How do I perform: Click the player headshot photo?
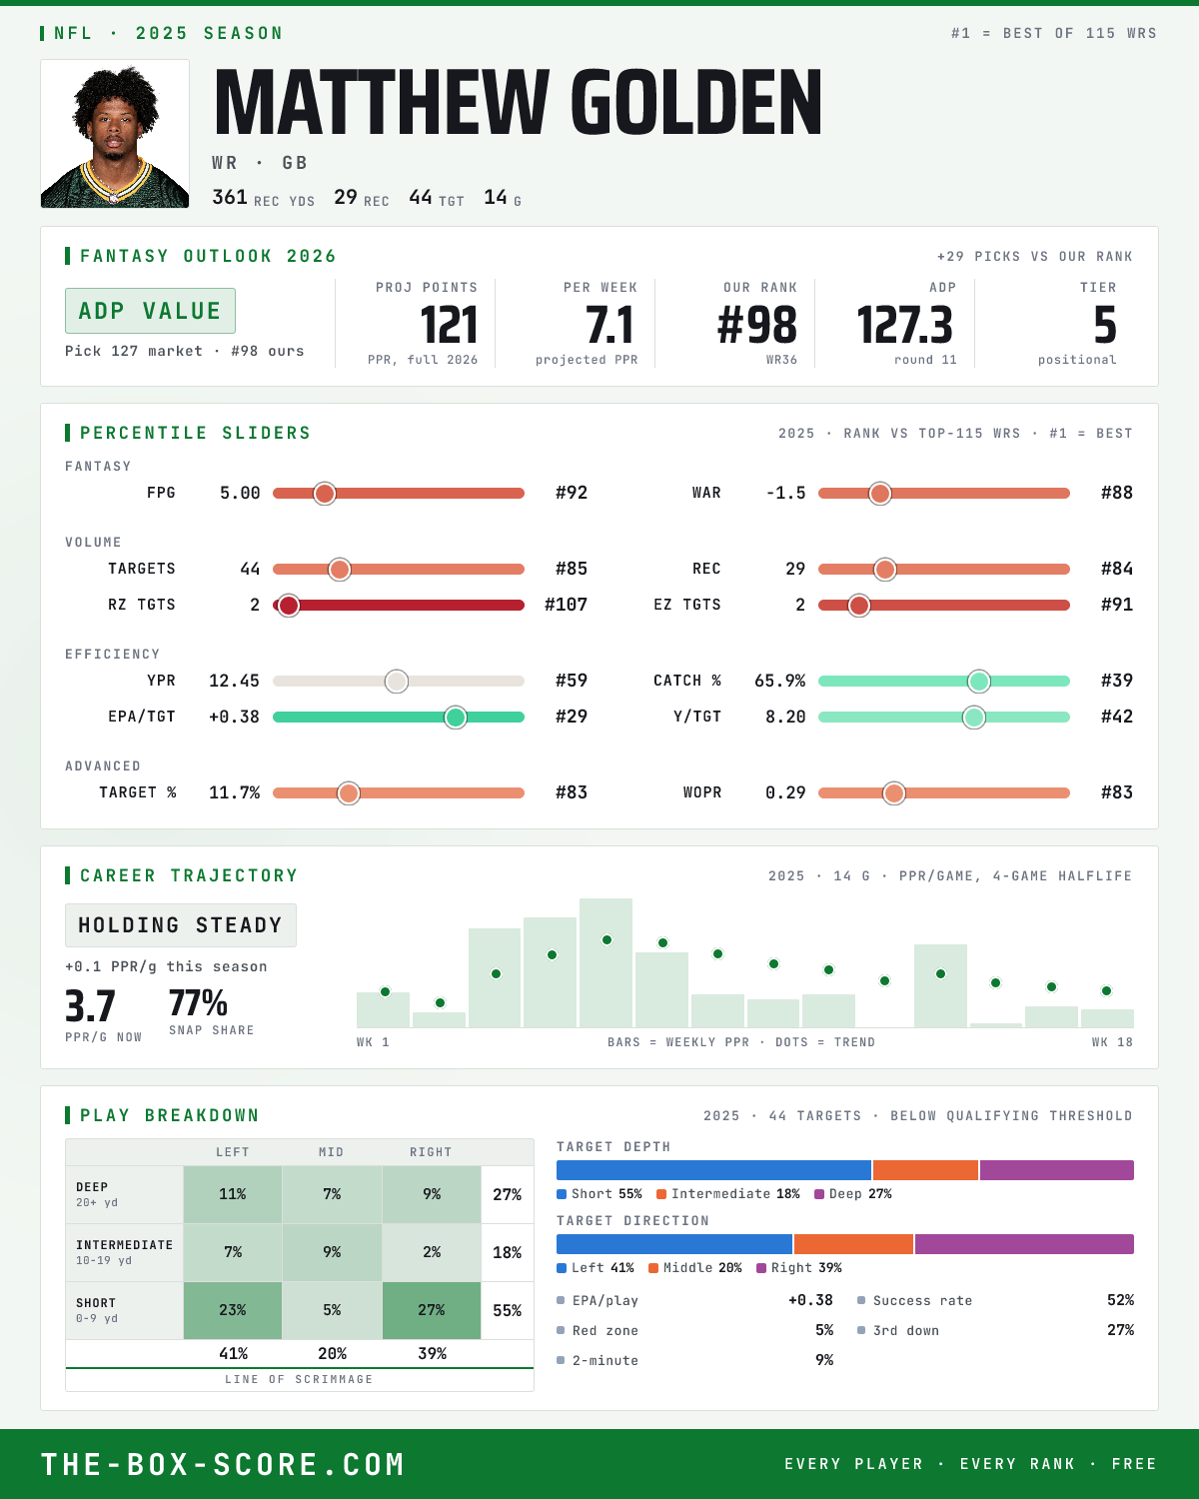click(x=115, y=134)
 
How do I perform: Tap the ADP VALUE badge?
click(x=150, y=311)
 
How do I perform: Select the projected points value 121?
click(x=449, y=326)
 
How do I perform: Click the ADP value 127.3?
click(x=903, y=326)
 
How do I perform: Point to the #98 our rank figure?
click(x=757, y=326)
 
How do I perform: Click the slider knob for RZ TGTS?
click(x=288, y=606)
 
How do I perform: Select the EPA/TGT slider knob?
click(x=456, y=718)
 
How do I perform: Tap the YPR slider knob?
click(x=397, y=682)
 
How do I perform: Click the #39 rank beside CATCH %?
click(x=1117, y=681)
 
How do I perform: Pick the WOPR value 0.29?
click(x=785, y=792)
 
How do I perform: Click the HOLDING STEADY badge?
click(x=181, y=925)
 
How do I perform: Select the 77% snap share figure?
click(x=198, y=1003)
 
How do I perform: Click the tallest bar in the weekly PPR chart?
click(x=606, y=962)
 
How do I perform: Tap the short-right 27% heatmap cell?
click(x=432, y=1310)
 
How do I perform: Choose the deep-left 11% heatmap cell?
click(x=233, y=1194)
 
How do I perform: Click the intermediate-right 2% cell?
click(x=432, y=1252)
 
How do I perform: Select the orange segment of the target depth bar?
click(x=925, y=1170)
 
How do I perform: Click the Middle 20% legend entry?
click(x=695, y=1268)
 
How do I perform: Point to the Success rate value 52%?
click(x=1120, y=1300)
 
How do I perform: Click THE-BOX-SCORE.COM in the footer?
click(x=223, y=1464)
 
